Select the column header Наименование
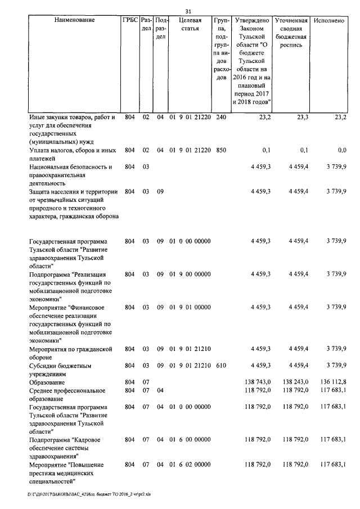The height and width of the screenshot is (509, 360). [x=75, y=20]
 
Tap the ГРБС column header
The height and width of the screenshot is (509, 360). [x=130, y=20]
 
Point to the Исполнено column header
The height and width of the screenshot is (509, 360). [x=330, y=20]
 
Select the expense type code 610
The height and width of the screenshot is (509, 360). [x=220, y=366]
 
